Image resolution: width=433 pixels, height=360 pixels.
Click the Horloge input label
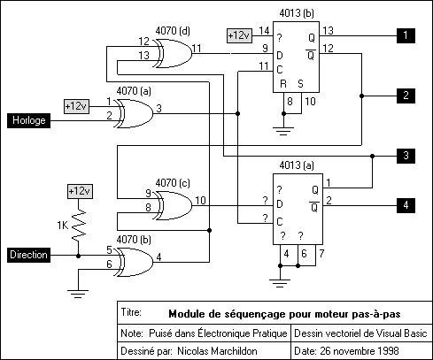[x=28, y=120]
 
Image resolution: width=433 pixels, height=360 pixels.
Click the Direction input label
[x=28, y=255]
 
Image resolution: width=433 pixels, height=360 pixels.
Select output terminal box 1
[x=406, y=35]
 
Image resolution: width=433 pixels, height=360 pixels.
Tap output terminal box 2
[x=406, y=96]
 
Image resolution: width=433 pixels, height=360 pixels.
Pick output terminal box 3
[x=406, y=156]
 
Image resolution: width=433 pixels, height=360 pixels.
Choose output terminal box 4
[x=406, y=205]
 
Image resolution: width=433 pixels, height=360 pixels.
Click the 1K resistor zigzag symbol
[x=78, y=224]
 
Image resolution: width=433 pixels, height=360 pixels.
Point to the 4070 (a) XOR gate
[x=135, y=113]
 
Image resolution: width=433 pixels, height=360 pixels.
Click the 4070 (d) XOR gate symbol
[x=174, y=53]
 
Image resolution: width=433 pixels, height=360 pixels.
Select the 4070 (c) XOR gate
[x=174, y=205]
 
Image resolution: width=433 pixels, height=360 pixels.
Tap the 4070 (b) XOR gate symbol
[x=135, y=262]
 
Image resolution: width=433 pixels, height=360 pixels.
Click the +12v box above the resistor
[x=80, y=191]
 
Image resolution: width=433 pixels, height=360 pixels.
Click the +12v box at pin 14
[x=239, y=35]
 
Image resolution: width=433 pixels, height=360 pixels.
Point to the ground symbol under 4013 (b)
[x=283, y=131]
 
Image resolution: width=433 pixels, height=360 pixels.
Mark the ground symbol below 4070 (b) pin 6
[x=78, y=294]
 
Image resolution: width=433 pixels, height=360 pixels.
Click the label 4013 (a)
[x=297, y=165]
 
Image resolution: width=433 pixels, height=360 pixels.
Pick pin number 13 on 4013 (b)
[x=328, y=31]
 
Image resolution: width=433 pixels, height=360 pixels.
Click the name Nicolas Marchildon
[x=217, y=351]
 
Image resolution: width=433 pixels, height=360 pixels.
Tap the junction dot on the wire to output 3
[x=372, y=156]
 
